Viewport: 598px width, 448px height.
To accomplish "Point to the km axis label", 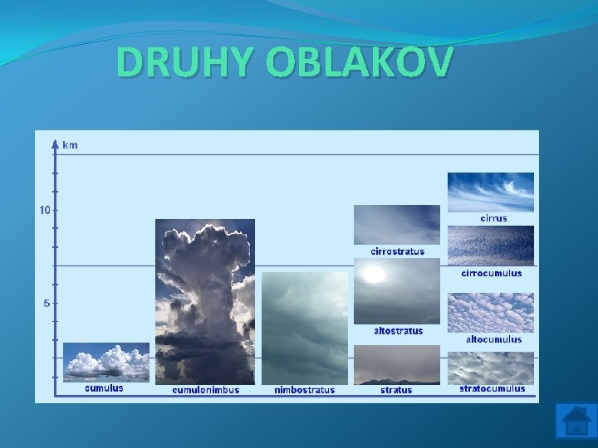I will pos(71,144).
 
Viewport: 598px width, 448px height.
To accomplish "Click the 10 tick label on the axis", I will pos(45,209).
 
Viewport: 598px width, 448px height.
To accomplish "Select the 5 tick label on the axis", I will pos(47,303).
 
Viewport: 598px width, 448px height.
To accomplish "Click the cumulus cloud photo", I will pos(105,362).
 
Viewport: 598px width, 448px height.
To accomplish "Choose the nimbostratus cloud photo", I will pos(305,328).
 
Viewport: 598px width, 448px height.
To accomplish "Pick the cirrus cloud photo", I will pos(490,192).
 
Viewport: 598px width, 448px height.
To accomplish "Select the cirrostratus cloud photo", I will pos(397,225).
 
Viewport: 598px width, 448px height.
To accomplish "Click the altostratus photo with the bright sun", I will pos(397,290).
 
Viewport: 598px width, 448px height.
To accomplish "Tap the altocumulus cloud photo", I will pos(490,313).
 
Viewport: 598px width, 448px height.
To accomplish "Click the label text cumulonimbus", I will pos(205,390).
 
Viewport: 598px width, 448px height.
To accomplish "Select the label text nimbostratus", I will pos(305,390).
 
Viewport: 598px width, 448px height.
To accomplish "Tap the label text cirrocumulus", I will pos(492,273).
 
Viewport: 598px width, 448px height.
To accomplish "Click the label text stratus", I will pos(396,390).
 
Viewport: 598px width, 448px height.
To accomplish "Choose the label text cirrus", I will pos(493,219).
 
